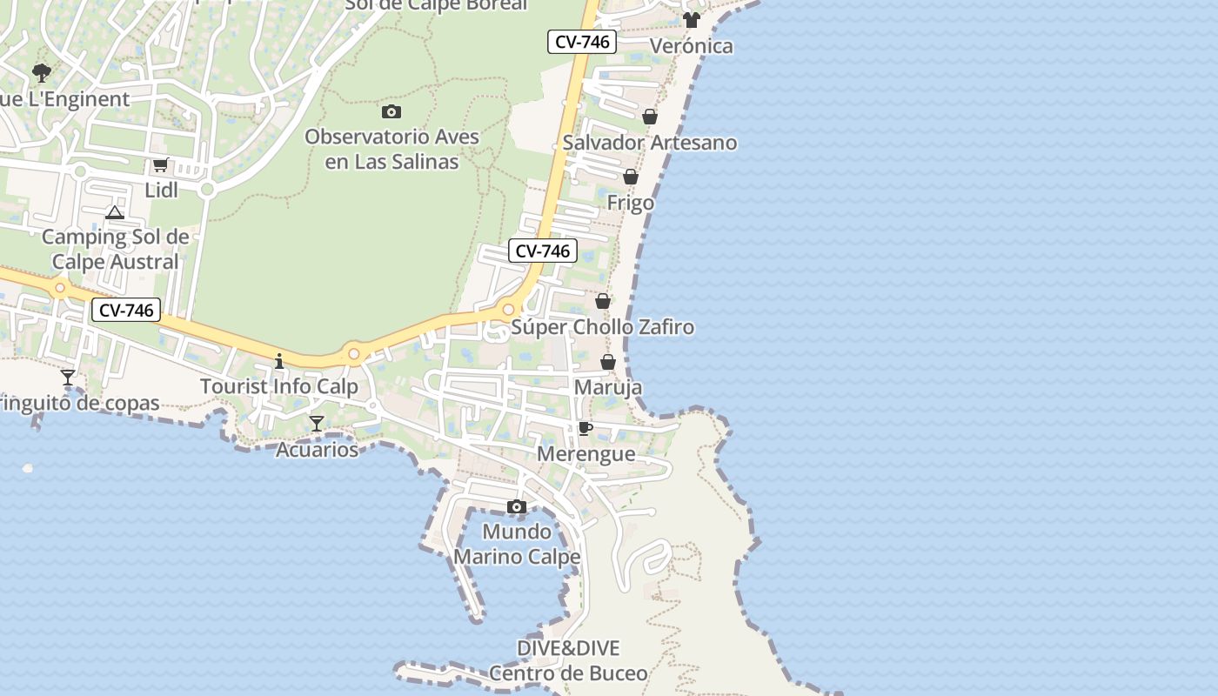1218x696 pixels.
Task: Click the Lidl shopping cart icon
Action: tap(160, 164)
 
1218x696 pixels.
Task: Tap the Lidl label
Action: tap(161, 190)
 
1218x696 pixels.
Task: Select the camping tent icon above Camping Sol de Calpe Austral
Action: tap(115, 212)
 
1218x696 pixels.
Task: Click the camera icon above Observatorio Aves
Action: tap(391, 111)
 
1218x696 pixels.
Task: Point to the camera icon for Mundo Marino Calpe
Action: tap(517, 506)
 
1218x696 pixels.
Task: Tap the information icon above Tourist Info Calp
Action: tap(279, 360)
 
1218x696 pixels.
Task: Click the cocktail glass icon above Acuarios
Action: tap(317, 424)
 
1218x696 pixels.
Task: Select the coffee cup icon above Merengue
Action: tap(586, 428)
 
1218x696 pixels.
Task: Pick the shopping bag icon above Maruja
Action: tap(608, 362)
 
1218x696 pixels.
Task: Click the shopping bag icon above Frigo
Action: tap(631, 177)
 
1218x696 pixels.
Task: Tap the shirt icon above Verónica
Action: tap(692, 20)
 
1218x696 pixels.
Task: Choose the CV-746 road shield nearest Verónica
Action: tap(582, 41)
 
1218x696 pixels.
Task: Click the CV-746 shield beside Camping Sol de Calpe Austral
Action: tap(127, 310)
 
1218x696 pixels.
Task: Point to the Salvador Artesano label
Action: tap(650, 143)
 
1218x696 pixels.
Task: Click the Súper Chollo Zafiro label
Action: tap(603, 327)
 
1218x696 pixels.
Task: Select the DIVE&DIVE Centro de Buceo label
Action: tap(568, 660)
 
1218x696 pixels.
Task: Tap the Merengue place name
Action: tap(586, 454)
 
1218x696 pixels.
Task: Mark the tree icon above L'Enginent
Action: tap(41, 72)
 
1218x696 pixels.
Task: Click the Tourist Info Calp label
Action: tap(279, 386)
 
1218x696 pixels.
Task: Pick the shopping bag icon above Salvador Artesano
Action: tap(650, 117)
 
